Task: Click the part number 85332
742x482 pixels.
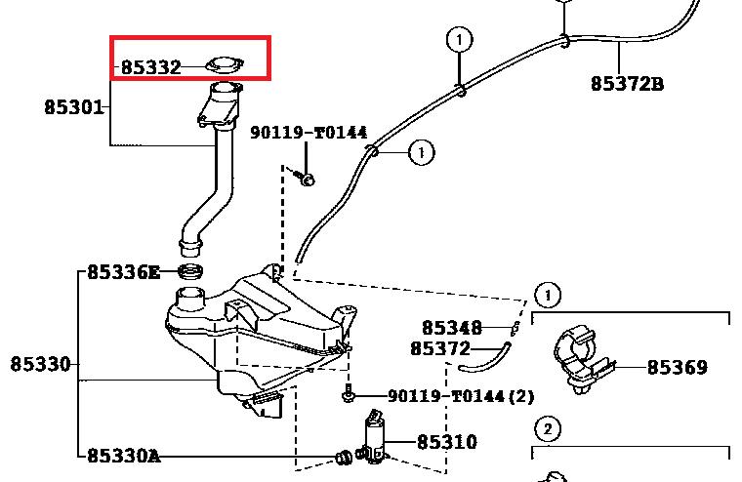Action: point(150,67)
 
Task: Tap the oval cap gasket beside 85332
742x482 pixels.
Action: point(224,66)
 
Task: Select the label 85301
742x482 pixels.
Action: point(73,106)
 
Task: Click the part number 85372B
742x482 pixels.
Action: point(627,84)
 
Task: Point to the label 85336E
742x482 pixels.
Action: point(123,272)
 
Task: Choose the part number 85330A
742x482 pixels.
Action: point(123,455)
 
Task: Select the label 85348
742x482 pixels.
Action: point(452,328)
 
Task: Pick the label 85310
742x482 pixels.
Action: point(446,442)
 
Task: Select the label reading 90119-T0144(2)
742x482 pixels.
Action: point(461,396)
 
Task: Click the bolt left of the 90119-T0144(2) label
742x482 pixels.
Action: point(347,396)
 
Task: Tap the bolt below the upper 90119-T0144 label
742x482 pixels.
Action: point(307,178)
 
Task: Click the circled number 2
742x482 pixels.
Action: point(548,428)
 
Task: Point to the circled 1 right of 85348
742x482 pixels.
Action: point(548,294)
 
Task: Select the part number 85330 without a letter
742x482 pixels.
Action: point(41,364)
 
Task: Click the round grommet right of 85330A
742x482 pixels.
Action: point(344,455)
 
